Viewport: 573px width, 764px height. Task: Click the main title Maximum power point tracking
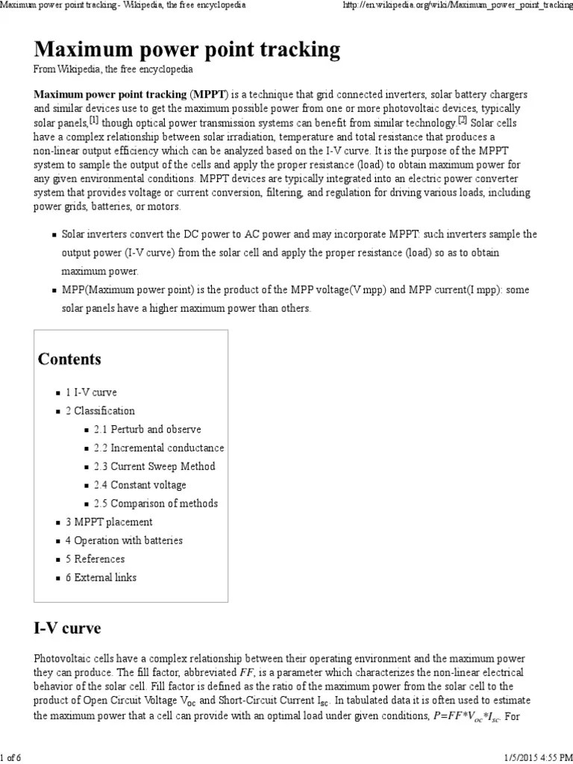(x=187, y=49)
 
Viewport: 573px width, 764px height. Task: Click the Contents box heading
(x=69, y=359)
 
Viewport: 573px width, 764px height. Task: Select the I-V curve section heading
(x=67, y=627)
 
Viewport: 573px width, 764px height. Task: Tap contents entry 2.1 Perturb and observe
(x=147, y=430)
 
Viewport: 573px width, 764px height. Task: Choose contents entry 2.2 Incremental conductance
(x=158, y=448)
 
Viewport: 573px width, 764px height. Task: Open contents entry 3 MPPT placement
(x=108, y=522)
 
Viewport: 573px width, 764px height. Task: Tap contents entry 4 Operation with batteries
(x=123, y=540)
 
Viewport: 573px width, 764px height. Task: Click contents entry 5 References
(x=95, y=559)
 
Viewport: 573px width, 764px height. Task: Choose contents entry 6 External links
(x=101, y=577)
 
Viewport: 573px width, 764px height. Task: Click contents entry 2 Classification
(x=100, y=411)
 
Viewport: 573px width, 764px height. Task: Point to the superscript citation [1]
(x=94, y=120)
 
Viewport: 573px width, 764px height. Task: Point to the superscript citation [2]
(x=462, y=120)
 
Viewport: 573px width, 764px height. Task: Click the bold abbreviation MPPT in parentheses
(x=210, y=95)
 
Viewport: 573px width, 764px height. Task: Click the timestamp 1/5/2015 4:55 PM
(x=530, y=757)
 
